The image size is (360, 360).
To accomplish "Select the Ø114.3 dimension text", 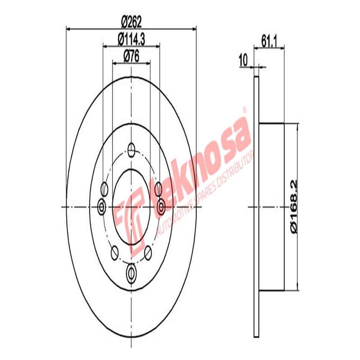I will pos(131,39).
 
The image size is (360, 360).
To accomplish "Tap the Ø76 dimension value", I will pos(131,56).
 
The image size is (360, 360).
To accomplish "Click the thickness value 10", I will pos(243,58).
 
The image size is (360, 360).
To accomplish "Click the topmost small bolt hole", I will pos(131,148).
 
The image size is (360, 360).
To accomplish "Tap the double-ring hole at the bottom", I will pos(131,271).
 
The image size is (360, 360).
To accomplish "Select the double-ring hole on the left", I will pos(102,207).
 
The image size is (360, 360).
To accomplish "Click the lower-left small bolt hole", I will pos(114,253).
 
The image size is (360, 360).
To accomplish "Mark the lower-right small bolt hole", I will pos(149,253).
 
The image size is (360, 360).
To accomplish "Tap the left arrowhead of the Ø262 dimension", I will pos(68,29).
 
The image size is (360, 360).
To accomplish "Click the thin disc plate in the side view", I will pos(256,207).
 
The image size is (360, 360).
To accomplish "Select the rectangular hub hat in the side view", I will pos(273,207).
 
